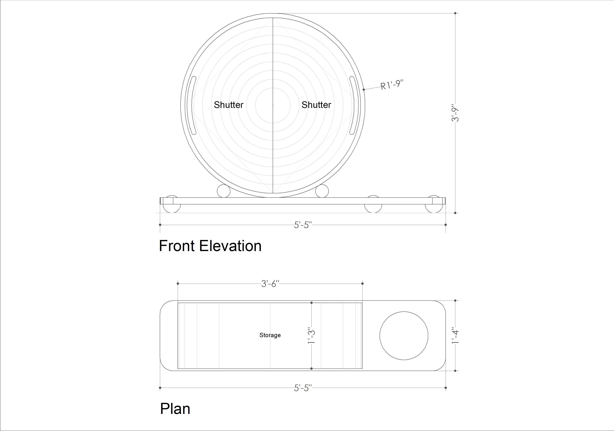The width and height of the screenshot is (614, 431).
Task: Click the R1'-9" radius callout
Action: point(392,85)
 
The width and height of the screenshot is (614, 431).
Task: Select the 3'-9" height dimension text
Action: point(455,113)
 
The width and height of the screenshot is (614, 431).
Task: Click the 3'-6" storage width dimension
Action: point(270,284)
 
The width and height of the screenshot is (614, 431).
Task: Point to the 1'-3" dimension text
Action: point(311,336)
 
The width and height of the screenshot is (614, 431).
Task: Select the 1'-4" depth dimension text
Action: point(455,336)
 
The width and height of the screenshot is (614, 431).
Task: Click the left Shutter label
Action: point(228,105)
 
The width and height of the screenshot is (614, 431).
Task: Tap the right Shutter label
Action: point(316,105)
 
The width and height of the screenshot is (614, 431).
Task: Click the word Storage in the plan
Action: point(270,335)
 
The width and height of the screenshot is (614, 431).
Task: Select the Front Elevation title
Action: point(210,246)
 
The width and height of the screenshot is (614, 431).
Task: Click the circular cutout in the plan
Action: point(404,336)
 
